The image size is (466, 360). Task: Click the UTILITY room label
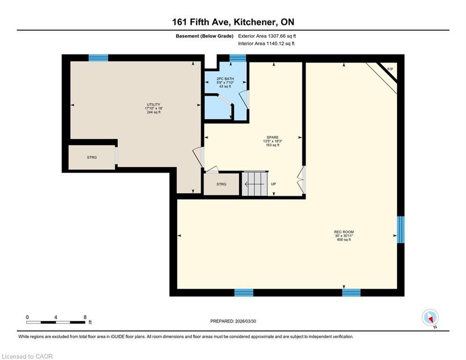pos(154,105)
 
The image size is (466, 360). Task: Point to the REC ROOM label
pos(344,232)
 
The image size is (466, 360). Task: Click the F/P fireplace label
pos(390,70)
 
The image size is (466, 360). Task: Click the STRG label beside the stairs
pos(222,184)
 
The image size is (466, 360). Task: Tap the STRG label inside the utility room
pos(92,157)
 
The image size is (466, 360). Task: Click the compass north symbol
pos(430,318)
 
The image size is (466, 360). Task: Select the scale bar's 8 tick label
pos(85,317)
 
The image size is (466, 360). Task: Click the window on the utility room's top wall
pos(98,58)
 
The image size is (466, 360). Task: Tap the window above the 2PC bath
pos(238,58)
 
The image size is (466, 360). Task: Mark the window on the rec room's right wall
pos(400,230)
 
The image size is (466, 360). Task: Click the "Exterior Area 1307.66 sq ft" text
pos(267,36)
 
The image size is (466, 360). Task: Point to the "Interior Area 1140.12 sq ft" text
pos(266,44)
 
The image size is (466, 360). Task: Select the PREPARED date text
pos(233,321)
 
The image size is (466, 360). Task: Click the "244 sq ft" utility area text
pos(154,112)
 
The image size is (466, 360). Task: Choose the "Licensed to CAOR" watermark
pos(27,356)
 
